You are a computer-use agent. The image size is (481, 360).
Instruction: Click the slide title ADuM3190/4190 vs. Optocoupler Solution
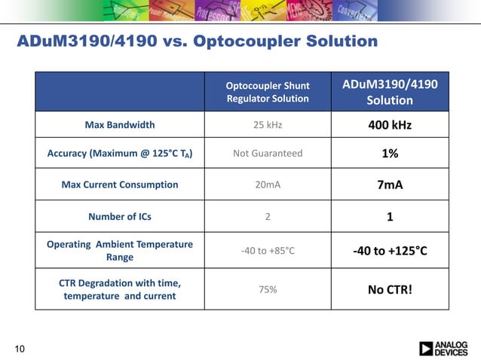pos(197,41)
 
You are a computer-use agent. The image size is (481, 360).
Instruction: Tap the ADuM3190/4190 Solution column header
pos(390,91)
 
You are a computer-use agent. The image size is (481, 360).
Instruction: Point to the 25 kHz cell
pos(268,124)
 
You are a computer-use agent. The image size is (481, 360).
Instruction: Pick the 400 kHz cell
pos(390,124)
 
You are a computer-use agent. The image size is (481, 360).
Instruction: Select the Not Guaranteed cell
pos(268,154)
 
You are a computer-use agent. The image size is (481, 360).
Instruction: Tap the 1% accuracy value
pos(390,154)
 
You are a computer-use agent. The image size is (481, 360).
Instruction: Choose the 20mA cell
pos(268,185)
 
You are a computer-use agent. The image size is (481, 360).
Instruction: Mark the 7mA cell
pos(390,185)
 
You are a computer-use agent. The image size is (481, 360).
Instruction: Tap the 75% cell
pos(268,289)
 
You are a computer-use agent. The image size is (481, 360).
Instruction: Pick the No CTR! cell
pos(390,289)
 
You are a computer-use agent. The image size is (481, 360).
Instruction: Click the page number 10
pos(20,348)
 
